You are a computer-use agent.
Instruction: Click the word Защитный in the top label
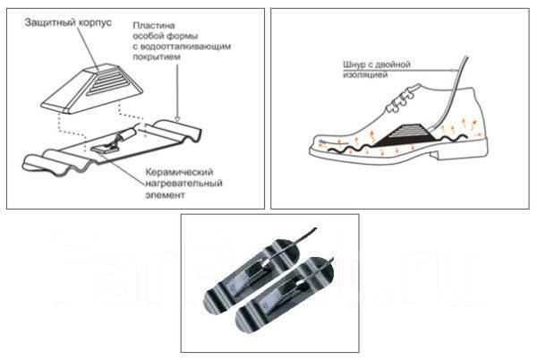point(49,23)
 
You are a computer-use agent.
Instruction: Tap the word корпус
point(95,23)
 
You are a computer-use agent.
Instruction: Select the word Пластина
point(154,26)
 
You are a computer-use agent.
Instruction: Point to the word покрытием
point(157,56)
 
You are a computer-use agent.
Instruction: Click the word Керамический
point(179,172)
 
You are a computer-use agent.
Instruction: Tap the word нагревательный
point(183,184)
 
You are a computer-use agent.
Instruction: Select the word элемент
point(165,195)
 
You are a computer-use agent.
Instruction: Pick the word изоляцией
point(365,74)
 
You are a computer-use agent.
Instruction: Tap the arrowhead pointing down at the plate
point(177,119)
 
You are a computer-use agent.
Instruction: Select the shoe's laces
point(401,99)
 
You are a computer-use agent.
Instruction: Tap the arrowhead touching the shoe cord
point(454,71)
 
